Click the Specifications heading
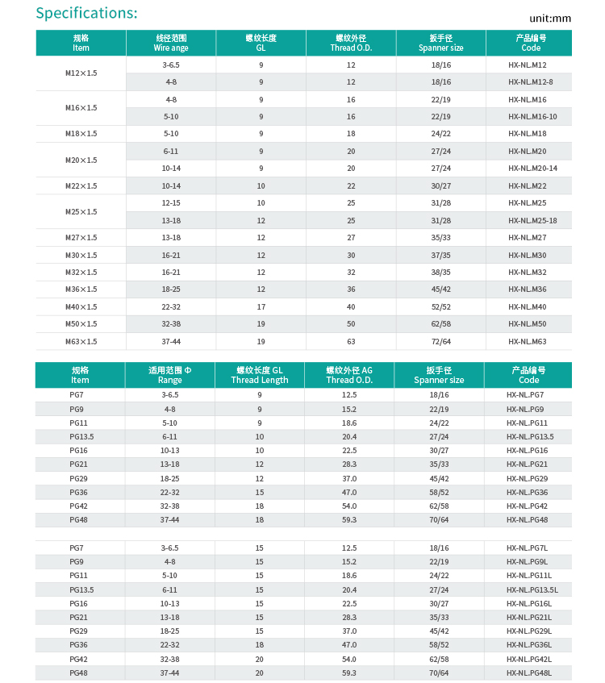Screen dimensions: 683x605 (87, 13)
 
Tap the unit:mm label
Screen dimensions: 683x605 (550, 18)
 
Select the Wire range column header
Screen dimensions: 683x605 (171, 43)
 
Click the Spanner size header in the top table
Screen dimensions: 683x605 (441, 43)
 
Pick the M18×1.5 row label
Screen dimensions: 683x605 (81, 134)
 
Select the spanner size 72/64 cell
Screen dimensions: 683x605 (441, 342)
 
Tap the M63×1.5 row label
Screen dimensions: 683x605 (81, 342)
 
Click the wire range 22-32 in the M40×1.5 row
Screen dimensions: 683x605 (171, 307)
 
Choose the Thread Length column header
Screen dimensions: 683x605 (260, 375)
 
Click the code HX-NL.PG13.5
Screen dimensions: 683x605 (530, 437)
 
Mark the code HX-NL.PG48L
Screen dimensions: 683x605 (529, 673)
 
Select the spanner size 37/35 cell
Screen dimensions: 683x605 (441, 256)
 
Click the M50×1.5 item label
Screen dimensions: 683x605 (81, 324)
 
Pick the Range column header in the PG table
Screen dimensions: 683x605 (170, 375)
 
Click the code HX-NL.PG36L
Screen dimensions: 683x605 (529, 645)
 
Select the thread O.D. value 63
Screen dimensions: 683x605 (351, 342)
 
